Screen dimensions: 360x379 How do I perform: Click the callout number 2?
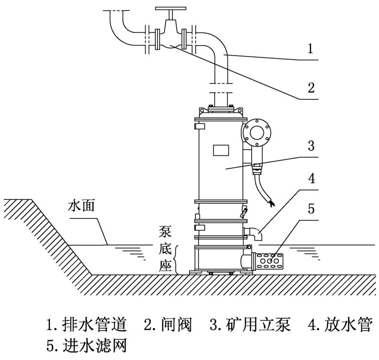[x=311, y=88]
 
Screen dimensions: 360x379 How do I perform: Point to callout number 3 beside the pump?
[x=310, y=146]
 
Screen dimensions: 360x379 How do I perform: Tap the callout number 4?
[x=310, y=180]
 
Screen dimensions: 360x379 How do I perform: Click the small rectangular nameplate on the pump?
[x=221, y=149]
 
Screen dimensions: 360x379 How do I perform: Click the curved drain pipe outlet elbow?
[x=257, y=233]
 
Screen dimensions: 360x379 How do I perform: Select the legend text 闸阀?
[x=173, y=326]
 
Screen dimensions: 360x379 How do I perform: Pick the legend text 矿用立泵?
[x=254, y=326]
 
